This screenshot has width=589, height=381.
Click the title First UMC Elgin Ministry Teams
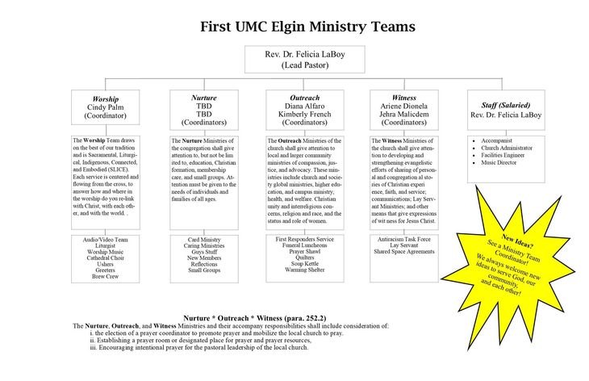308,27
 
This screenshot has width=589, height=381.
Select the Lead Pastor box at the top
304,60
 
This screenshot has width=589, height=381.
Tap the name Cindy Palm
107,106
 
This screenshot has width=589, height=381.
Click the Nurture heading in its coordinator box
204,98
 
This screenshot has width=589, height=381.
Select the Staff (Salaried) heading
506,105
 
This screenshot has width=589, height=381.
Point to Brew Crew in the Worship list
106,276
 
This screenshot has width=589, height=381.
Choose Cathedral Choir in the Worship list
106,257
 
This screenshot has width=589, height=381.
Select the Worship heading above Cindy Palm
107,98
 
